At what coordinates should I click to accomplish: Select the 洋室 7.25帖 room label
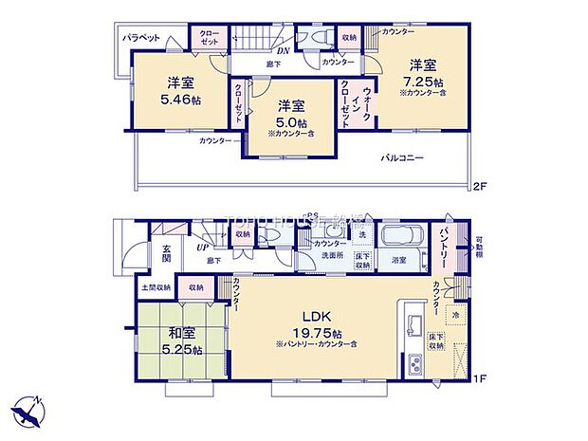[422, 73]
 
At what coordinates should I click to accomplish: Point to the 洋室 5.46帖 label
[180, 90]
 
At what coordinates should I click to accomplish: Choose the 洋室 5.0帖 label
[291, 116]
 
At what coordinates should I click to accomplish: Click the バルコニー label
[402, 158]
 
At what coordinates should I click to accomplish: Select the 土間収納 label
[156, 287]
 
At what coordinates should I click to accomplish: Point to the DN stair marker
[282, 51]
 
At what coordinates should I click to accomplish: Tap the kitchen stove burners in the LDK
[415, 364]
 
